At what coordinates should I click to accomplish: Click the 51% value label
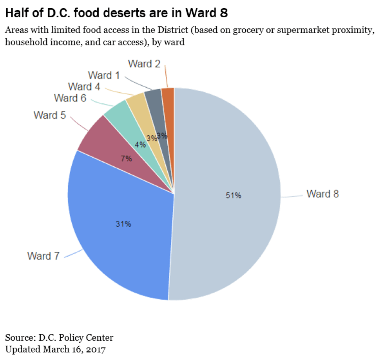tap(233, 196)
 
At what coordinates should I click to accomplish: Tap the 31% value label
tap(123, 224)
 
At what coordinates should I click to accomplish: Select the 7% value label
tap(126, 159)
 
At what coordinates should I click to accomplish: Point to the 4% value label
tap(140, 144)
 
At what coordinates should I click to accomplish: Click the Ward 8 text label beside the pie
tap(322, 194)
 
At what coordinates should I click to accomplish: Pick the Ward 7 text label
tap(43, 256)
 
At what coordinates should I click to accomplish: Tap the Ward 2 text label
tap(144, 64)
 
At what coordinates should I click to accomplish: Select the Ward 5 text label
tap(50, 115)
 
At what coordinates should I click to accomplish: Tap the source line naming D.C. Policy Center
tap(59, 337)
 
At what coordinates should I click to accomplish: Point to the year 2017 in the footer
tap(97, 348)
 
